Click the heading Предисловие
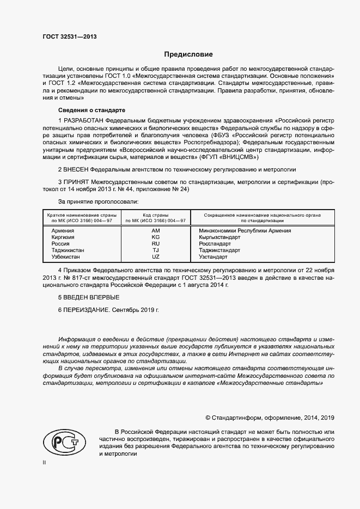pyautogui.click(x=188, y=54)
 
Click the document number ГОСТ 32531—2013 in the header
pyautogui.click(x=69, y=37)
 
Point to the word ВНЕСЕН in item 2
pyautogui.click(x=76, y=170)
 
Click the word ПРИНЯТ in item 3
pyautogui.click(x=76, y=181)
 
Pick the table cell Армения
pyautogui.click(x=63, y=231)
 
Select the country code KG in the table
pyautogui.click(x=155, y=237)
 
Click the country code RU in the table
pyautogui.click(x=155, y=244)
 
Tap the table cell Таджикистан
pyautogui.click(x=68, y=250)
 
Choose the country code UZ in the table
pyautogui.click(x=155, y=256)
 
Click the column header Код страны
pyautogui.click(x=155, y=215)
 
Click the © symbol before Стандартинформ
pyautogui.click(x=208, y=418)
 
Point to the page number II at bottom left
pyautogui.click(x=45, y=463)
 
